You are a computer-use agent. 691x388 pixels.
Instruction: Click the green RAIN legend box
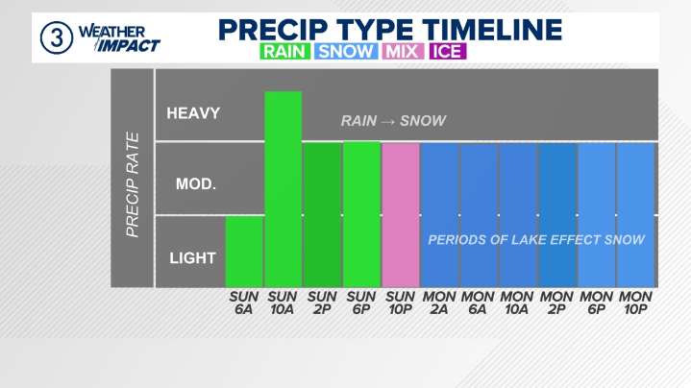click(x=285, y=51)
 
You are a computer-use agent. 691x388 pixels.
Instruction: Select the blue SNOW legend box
click(x=344, y=51)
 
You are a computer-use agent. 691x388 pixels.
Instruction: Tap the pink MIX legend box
click(x=401, y=51)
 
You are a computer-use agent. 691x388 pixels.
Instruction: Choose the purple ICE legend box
click(x=446, y=51)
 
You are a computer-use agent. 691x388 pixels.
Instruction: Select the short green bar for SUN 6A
click(x=244, y=252)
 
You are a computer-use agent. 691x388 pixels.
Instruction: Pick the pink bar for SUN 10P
click(x=401, y=215)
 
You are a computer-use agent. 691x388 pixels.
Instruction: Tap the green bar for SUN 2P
click(x=322, y=215)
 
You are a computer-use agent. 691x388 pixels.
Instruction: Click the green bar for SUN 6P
click(x=361, y=215)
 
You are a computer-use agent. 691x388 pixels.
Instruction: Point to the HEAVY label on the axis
click(x=193, y=113)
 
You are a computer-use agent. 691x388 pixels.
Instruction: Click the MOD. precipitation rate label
click(x=195, y=183)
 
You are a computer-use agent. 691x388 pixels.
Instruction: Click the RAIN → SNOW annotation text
click(x=393, y=121)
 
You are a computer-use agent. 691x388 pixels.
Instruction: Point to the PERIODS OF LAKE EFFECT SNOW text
click(x=535, y=239)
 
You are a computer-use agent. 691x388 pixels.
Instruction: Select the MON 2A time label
click(x=439, y=303)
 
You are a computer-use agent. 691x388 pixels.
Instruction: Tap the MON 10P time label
click(x=635, y=303)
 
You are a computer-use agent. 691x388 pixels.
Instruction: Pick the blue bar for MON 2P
click(x=556, y=215)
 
